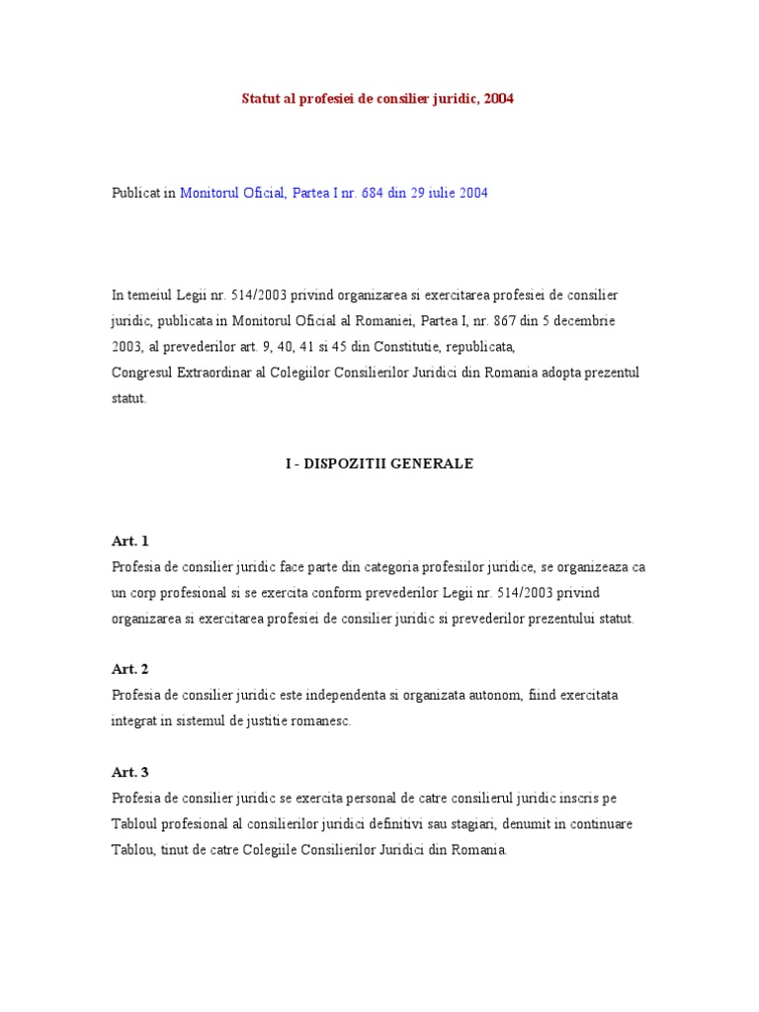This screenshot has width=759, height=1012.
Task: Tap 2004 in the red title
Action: click(x=498, y=99)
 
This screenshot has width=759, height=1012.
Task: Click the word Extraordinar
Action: click(x=212, y=373)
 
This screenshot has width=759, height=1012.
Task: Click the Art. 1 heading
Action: click(x=129, y=542)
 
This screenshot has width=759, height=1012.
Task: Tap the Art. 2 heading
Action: click(x=129, y=669)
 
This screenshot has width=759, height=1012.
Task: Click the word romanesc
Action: click(x=317, y=721)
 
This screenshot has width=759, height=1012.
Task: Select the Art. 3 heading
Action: click(x=129, y=772)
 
